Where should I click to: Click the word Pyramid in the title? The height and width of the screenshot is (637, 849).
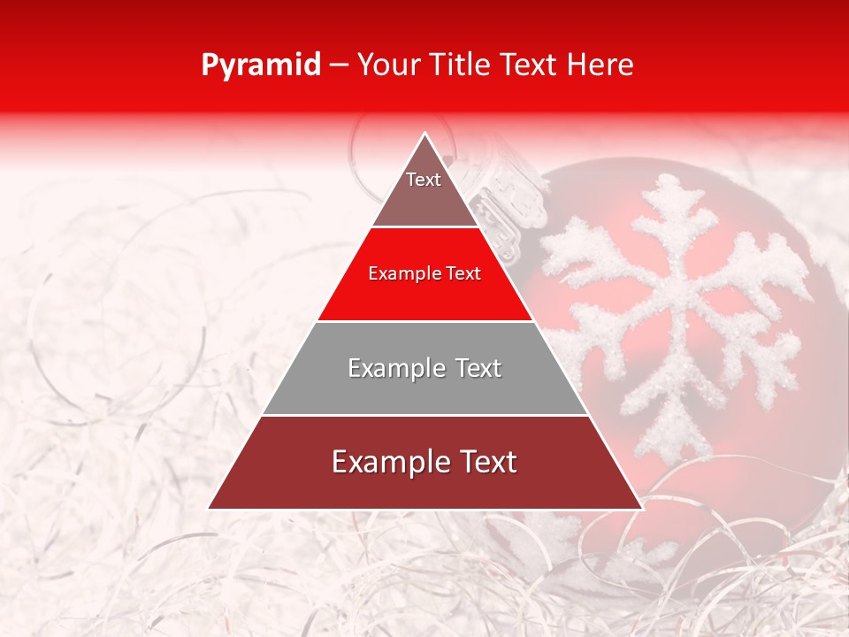(261, 65)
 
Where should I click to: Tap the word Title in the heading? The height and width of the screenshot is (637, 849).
(463, 65)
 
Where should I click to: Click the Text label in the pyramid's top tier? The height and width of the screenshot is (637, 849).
(424, 180)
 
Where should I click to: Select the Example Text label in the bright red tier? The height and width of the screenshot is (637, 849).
(424, 274)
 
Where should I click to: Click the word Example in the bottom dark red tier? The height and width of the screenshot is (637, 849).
(384, 462)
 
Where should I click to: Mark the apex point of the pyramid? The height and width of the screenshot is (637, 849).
(425, 134)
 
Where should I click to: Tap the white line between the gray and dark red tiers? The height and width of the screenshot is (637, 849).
(425, 415)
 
